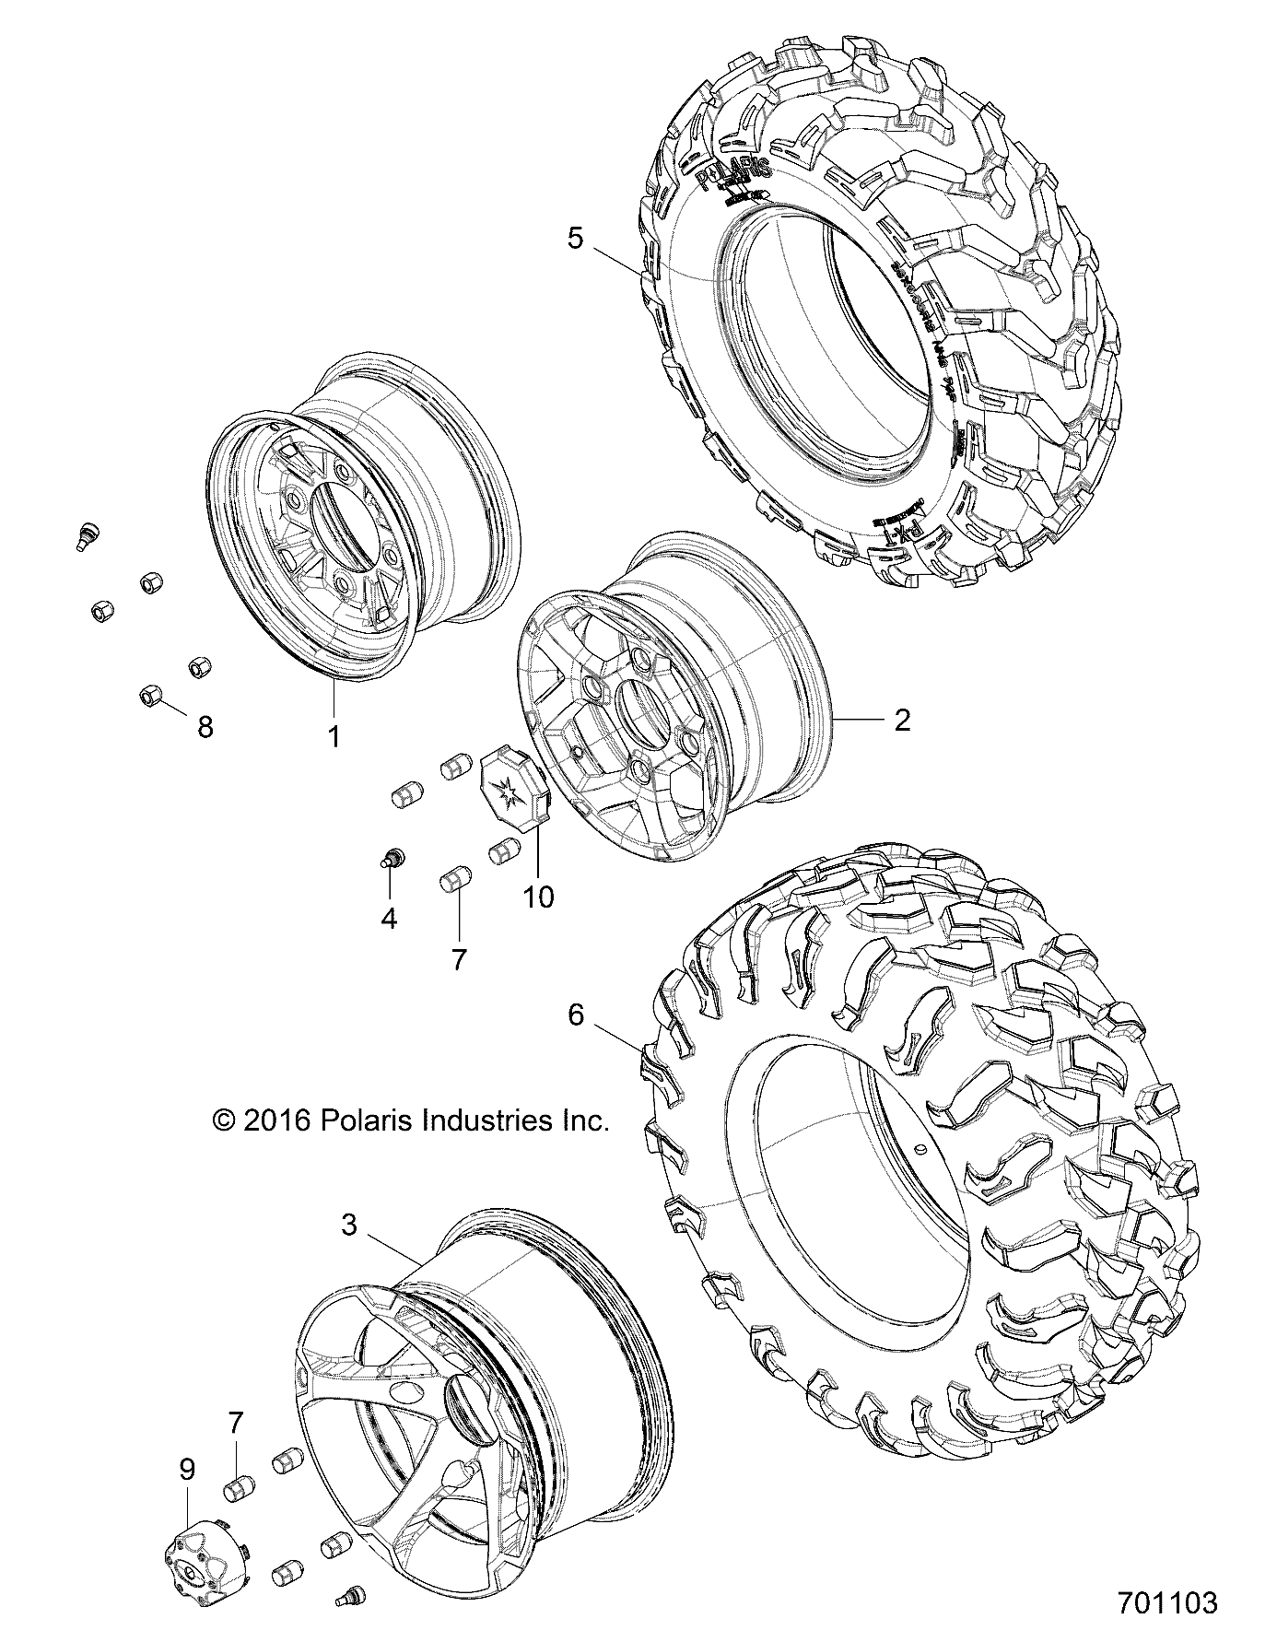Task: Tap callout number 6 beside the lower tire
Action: [576, 1015]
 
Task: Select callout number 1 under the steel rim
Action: [334, 736]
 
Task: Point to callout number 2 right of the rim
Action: [902, 720]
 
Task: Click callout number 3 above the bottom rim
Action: [349, 1225]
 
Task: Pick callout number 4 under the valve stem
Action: [389, 918]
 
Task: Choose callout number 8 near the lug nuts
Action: [205, 727]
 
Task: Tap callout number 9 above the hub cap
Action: [187, 1469]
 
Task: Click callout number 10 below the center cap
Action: [538, 896]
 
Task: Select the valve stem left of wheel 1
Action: [87, 534]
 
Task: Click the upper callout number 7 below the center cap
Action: [458, 959]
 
